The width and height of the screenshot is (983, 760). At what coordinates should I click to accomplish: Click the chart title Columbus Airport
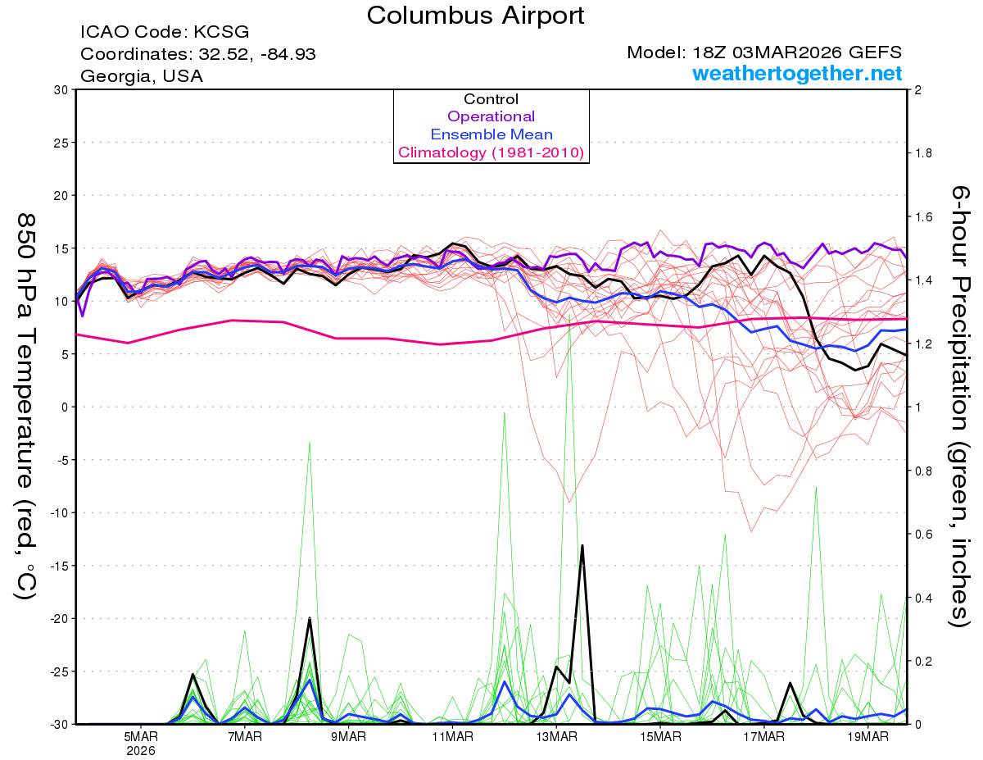click(x=476, y=15)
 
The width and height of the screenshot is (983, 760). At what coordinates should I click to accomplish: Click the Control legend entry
click(x=491, y=99)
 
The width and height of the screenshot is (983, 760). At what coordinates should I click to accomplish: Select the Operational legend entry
click(x=491, y=116)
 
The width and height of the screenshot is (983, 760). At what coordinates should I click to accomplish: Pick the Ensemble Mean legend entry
click(x=491, y=134)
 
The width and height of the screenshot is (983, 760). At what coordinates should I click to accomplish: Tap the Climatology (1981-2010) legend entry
click(x=491, y=152)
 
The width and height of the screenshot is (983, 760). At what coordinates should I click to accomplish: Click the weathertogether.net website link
click(x=797, y=74)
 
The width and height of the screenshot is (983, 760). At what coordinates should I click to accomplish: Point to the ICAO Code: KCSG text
click(x=165, y=33)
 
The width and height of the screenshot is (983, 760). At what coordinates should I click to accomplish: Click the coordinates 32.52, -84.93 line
click(x=198, y=54)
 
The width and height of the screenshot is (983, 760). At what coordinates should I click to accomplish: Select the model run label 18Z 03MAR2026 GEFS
click(x=764, y=52)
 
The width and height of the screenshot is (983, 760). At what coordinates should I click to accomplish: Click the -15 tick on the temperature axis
click(x=59, y=566)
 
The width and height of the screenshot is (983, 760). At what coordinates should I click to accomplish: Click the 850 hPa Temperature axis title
click(x=26, y=406)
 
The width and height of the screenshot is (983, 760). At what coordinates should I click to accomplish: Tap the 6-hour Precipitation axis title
click(x=960, y=406)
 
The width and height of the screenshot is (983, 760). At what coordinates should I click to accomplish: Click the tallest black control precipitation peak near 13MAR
click(x=582, y=545)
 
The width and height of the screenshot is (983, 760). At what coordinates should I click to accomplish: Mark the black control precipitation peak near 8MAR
click(x=310, y=618)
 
